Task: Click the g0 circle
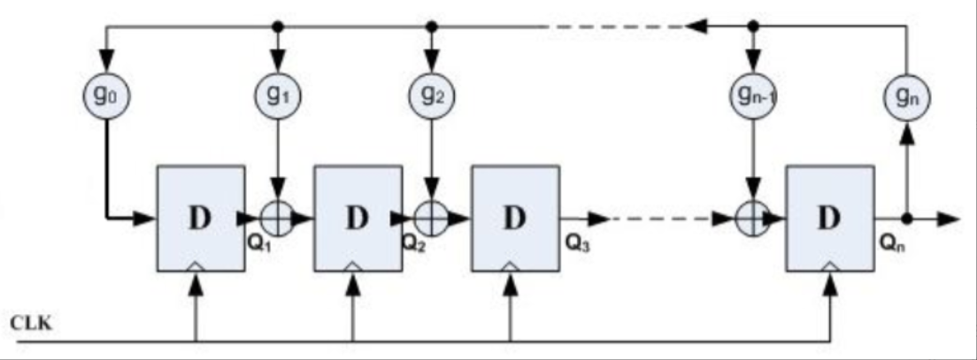tap(105, 94)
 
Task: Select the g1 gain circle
tap(277, 94)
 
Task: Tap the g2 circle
tap(432, 94)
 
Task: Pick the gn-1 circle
tap(752, 94)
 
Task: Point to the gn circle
tap(906, 94)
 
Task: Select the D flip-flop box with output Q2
tap(357, 217)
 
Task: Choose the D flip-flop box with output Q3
tap(514, 217)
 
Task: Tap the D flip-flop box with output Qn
tap(830, 217)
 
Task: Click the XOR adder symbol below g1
tap(277, 217)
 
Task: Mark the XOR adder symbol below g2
tap(432, 217)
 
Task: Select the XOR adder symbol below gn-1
tap(752, 217)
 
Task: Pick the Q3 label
tap(573, 244)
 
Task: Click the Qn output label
tap(889, 245)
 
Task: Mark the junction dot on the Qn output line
tap(906, 217)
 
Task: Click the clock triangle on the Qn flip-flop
tap(830, 264)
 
